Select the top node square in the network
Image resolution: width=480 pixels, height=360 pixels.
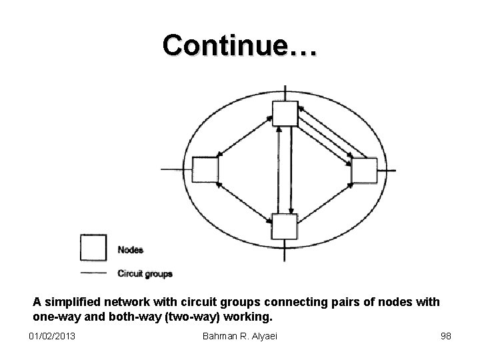[x=285, y=114]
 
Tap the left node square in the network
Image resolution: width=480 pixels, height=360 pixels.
[x=205, y=169]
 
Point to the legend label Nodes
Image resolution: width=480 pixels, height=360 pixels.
[x=131, y=250]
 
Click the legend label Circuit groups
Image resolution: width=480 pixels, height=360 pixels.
[x=145, y=273]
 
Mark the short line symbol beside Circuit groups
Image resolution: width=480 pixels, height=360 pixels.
[x=93, y=273]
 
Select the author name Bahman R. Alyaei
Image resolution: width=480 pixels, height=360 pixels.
[x=239, y=335]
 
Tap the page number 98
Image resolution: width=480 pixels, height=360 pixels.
[x=445, y=335]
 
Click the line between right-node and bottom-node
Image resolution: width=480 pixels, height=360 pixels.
[x=325, y=198]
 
